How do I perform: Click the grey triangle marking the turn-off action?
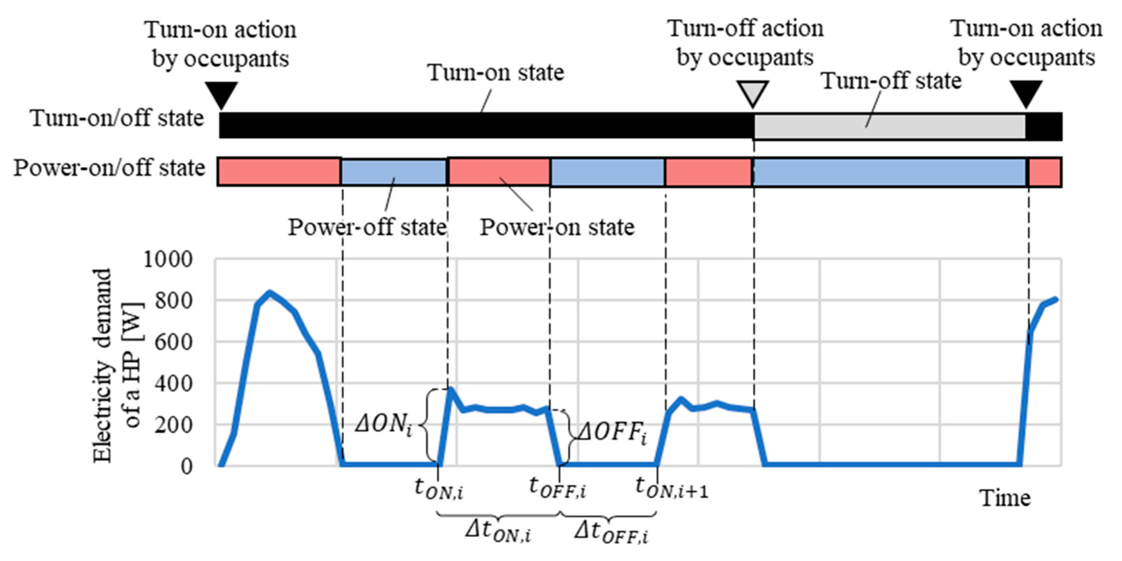753,92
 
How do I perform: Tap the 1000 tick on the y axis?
168,260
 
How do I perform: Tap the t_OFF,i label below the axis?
557,487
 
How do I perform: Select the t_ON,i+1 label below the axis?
671,487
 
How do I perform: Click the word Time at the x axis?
1005,498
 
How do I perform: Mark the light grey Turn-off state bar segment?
889,127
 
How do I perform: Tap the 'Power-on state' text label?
557,227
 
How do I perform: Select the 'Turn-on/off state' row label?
117,118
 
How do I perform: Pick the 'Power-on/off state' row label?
109,168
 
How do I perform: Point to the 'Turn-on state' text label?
496,72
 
